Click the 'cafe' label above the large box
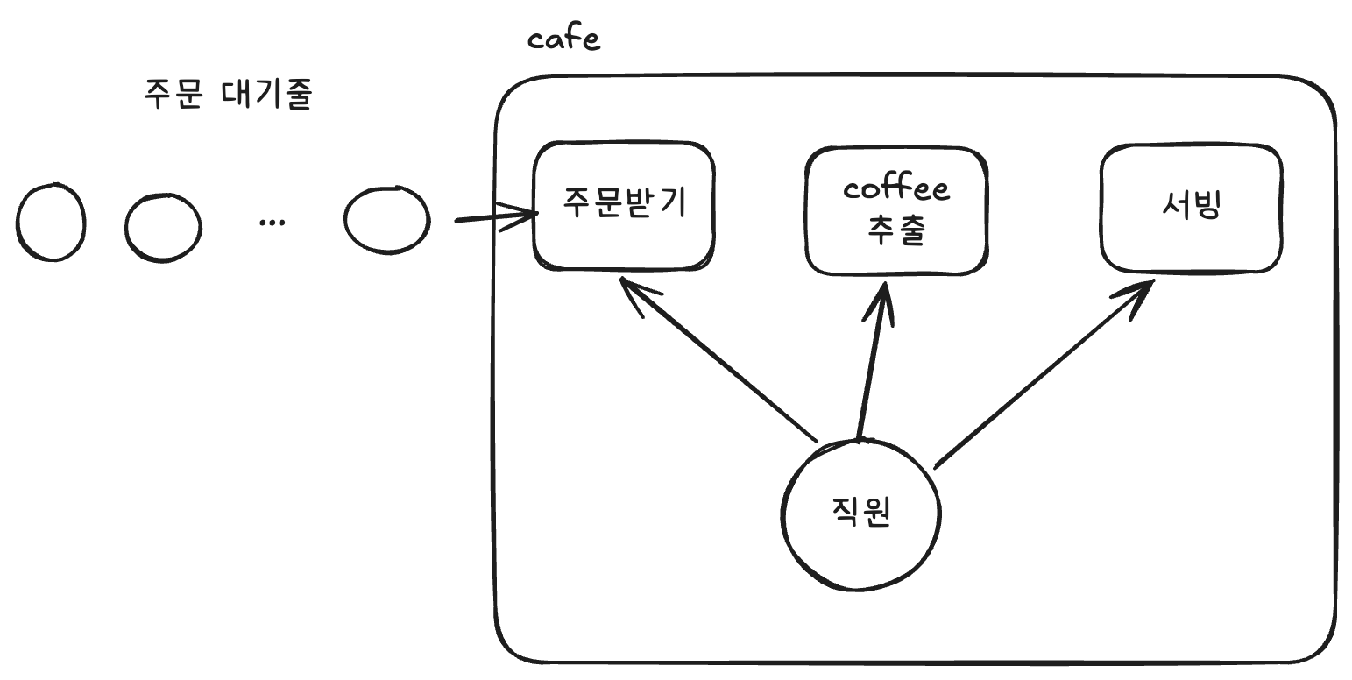(x=564, y=39)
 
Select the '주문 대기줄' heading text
(x=228, y=94)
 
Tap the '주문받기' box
(x=623, y=206)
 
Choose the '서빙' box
(x=1191, y=208)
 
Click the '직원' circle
(x=860, y=514)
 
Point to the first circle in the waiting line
(x=51, y=222)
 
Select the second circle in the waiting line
(x=162, y=226)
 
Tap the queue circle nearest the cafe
(x=386, y=220)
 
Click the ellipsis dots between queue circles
(x=273, y=223)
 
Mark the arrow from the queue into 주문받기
(x=495, y=216)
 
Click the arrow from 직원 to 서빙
(x=1043, y=373)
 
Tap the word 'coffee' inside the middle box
(x=895, y=189)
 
